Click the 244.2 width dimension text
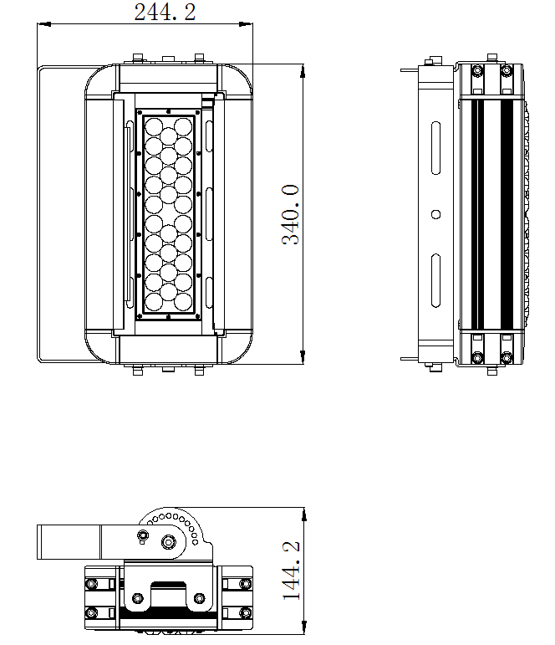pyautogui.click(x=165, y=12)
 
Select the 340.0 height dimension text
pyautogui.click(x=290, y=215)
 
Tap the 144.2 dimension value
pyautogui.click(x=291, y=570)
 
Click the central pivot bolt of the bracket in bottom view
pyautogui.click(x=170, y=541)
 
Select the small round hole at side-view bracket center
pyautogui.click(x=435, y=214)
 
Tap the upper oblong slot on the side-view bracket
pyautogui.click(x=435, y=148)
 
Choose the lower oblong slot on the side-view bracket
pyautogui.click(x=435, y=280)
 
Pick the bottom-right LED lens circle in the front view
pyautogui.click(x=185, y=301)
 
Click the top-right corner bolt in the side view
pyautogui.click(x=506, y=71)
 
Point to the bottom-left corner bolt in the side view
pyautogui.click(x=476, y=358)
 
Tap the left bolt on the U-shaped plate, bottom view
pyautogui.click(x=135, y=598)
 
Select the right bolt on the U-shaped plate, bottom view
pyautogui.click(x=199, y=598)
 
